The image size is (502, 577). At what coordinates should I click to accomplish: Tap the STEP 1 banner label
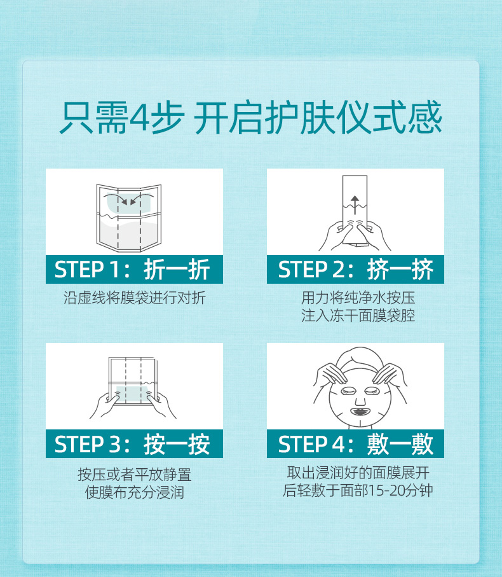click(133, 269)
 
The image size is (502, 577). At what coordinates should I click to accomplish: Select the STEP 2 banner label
click(355, 269)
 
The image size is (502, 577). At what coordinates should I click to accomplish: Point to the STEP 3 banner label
click(133, 443)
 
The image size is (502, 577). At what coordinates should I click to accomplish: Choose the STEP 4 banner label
click(355, 443)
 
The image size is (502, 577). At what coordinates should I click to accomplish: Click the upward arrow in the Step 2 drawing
click(355, 205)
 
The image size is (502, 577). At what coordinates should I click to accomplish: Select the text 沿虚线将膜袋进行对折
click(134, 298)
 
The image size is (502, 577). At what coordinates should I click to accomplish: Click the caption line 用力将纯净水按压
click(358, 298)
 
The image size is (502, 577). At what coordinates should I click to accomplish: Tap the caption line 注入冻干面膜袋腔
click(358, 316)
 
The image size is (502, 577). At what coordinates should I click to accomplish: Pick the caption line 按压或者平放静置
click(134, 475)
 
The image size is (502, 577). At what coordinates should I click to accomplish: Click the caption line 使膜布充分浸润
click(134, 492)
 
